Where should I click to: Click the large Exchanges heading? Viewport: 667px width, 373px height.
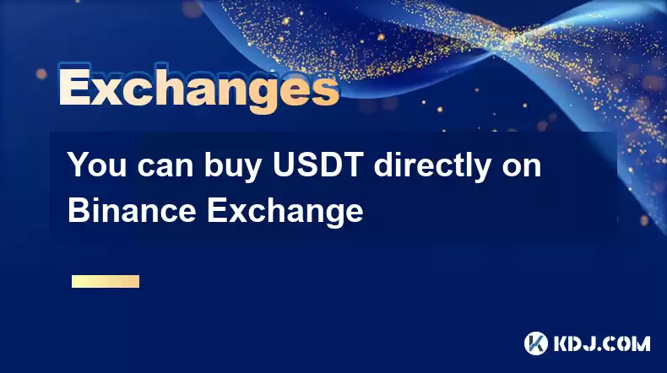pyautogui.click(x=199, y=88)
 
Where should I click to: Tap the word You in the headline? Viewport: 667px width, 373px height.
pyautogui.click(x=97, y=165)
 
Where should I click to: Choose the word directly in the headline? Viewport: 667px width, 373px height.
pyautogui.click(x=432, y=167)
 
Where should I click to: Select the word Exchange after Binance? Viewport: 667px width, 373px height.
pyautogui.click(x=285, y=213)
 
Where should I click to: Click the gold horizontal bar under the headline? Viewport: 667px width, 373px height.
pyautogui.click(x=106, y=281)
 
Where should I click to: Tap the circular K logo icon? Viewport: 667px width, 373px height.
pyautogui.click(x=536, y=343)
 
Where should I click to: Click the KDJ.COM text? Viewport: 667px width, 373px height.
pyautogui.click(x=602, y=343)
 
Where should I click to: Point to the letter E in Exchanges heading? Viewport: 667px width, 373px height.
pyautogui.click(x=75, y=87)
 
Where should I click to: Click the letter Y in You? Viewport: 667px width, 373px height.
pyautogui.click(x=79, y=165)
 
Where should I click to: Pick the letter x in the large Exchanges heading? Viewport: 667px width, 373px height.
pyautogui.click(x=108, y=91)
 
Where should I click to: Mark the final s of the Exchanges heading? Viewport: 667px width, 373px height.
pyautogui.click(x=324, y=91)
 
